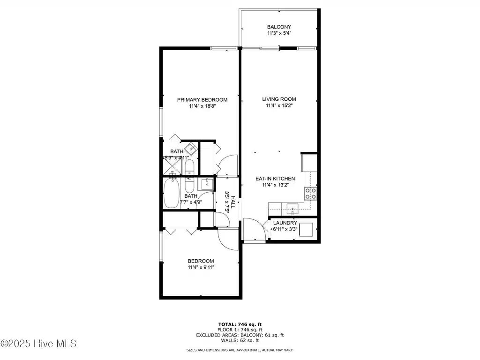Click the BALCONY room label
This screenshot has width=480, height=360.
click(x=279, y=27)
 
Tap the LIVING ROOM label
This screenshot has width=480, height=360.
click(x=279, y=99)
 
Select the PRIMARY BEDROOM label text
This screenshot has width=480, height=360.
click(x=202, y=100)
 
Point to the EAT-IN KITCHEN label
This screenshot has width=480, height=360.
click(x=275, y=179)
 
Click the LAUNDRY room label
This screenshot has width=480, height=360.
click(x=285, y=223)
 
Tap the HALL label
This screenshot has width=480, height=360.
click(x=233, y=202)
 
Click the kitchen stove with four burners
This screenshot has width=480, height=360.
click(x=310, y=194)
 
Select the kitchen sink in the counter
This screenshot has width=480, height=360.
click(x=292, y=209)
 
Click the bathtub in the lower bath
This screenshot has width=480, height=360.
click(x=171, y=194)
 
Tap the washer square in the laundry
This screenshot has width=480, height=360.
click(x=306, y=230)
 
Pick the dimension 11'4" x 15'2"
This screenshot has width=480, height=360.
click(x=279, y=105)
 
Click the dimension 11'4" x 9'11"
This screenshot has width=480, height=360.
click(x=201, y=267)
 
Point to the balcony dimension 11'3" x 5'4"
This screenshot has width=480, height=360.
click(x=279, y=33)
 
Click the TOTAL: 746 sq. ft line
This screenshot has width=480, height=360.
click(x=240, y=324)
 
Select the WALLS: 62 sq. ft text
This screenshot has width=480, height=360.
click(x=240, y=340)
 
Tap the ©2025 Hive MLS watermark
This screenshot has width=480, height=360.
click(x=38, y=344)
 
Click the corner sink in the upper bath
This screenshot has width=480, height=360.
click(x=192, y=149)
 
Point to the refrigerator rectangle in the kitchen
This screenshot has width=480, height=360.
click(x=309, y=163)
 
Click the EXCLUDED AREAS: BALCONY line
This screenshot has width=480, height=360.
click(x=240, y=335)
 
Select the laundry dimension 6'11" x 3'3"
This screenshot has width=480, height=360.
click(x=285, y=229)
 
